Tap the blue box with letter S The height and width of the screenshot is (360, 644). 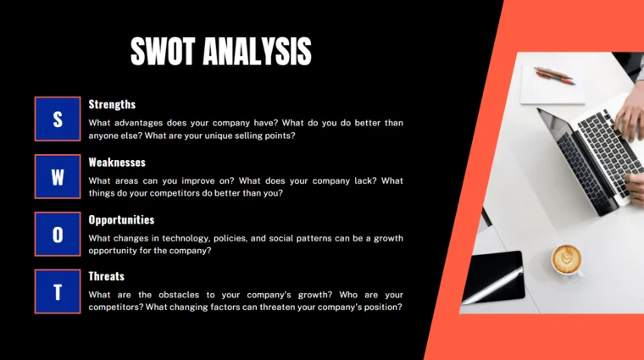click(58, 119)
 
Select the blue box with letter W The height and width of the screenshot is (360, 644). click(58, 176)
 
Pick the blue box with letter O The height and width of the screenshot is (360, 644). click(58, 234)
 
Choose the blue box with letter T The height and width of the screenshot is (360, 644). click(58, 291)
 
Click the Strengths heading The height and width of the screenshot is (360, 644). click(112, 104)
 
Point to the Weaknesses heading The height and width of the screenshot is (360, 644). click(117, 162)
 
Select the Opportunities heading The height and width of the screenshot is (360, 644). click(121, 219)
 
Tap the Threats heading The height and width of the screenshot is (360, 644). click(107, 276)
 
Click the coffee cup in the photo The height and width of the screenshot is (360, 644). click(567, 259)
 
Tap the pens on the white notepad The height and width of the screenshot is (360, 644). click(555, 75)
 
